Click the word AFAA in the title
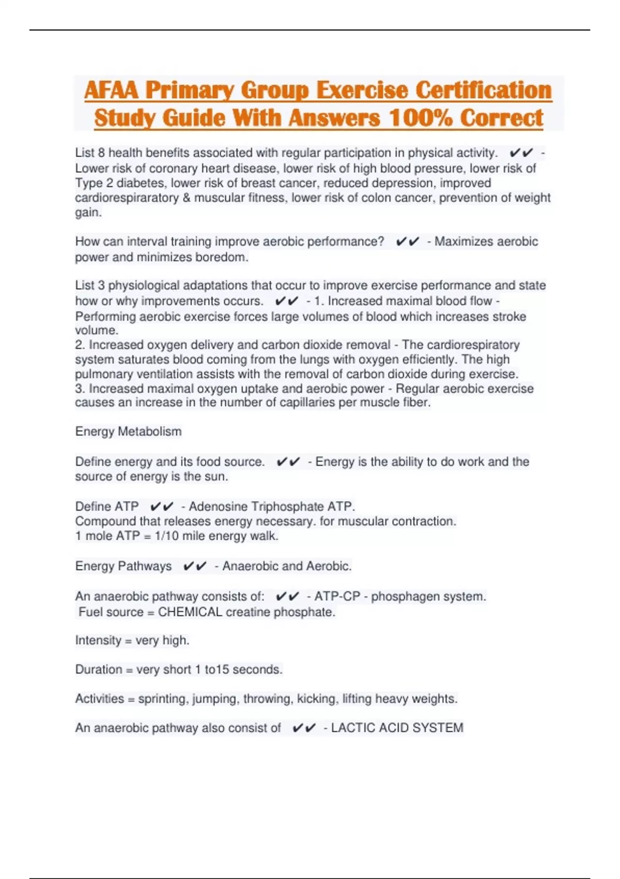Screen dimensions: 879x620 111,90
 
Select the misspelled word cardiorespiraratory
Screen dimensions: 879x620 127,198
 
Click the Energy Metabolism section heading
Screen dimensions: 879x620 128,432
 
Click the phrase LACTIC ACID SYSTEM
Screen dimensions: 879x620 397,728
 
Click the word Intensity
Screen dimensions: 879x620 98,641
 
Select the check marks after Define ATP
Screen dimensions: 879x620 162,506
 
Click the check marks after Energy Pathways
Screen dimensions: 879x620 195,566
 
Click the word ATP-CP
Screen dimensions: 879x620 337,597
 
